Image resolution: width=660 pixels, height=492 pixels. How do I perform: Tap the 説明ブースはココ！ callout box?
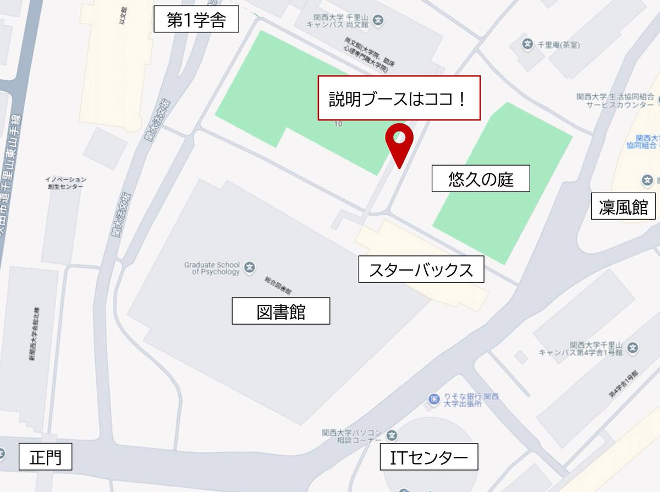click(399, 98)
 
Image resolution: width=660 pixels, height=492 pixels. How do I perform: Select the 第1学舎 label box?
click(196, 21)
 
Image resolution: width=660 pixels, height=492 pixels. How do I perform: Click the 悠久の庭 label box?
click(481, 178)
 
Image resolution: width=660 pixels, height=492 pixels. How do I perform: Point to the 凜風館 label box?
click(623, 206)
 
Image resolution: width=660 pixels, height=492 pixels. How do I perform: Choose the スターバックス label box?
click(421, 270)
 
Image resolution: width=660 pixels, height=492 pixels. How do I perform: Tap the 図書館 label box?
click(280, 311)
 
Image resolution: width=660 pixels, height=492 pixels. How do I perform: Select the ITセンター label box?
click(429, 457)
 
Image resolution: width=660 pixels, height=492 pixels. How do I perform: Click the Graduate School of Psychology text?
click(212, 268)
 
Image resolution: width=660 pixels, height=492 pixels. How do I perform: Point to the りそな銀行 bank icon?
click(434, 398)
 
